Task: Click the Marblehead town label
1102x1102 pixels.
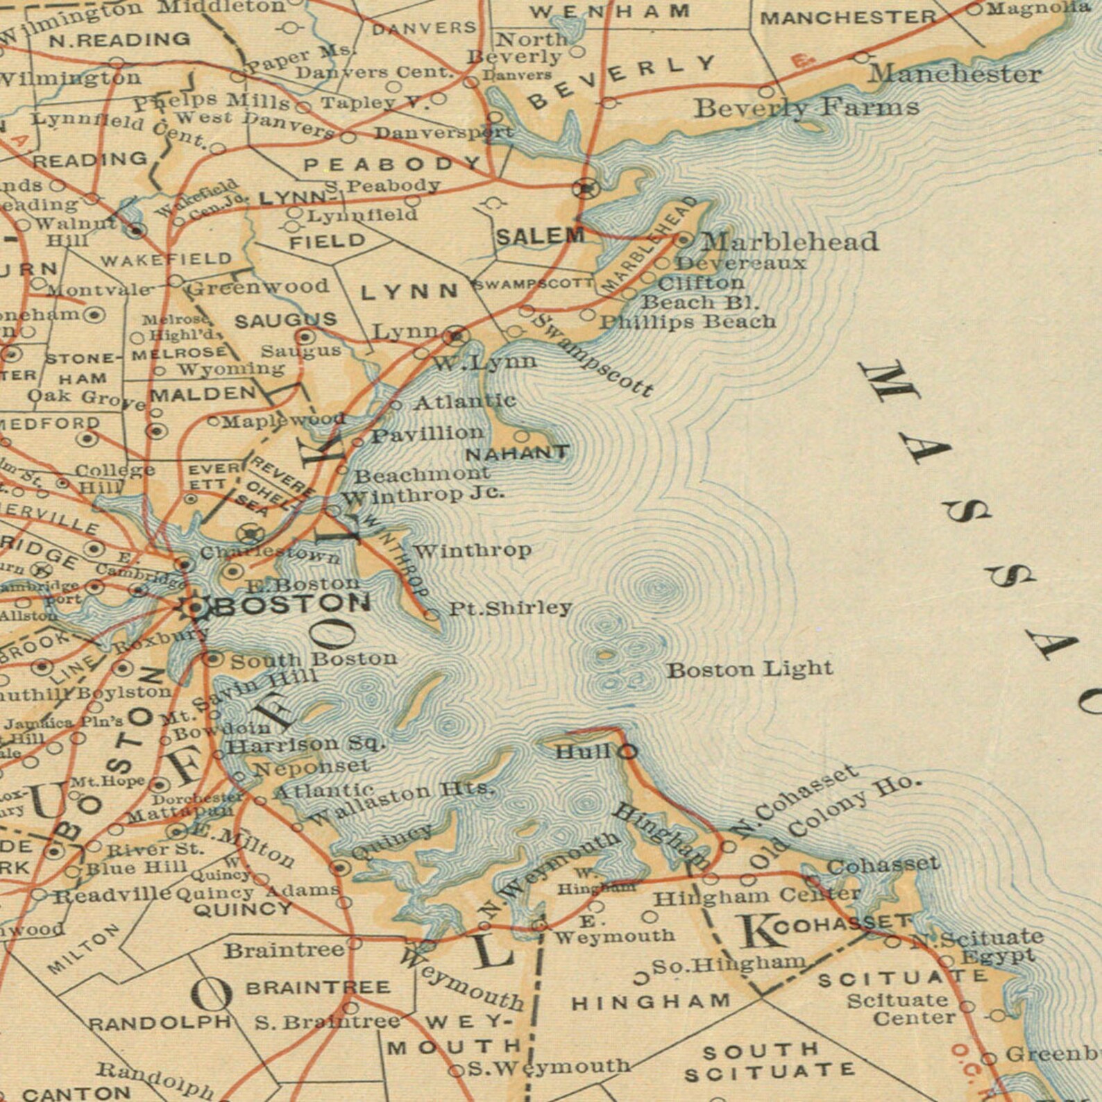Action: (790, 241)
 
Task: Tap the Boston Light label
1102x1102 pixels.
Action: (749, 670)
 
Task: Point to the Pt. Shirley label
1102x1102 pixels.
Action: (511, 609)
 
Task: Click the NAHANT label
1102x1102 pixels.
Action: (517, 454)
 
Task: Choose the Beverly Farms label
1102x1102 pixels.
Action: (806, 108)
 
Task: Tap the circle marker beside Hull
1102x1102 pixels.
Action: (627, 751)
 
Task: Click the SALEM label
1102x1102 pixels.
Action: (540, 236)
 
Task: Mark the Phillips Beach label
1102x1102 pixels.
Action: (687, 322)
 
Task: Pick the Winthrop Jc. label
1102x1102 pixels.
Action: (423, 496)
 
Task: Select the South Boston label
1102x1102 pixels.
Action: (314, 659)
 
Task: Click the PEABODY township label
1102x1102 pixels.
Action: (392, 165)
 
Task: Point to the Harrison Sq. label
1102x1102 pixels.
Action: (305, 745)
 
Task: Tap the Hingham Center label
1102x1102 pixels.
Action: (757, 897)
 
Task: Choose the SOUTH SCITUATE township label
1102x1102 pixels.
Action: (769, 1062)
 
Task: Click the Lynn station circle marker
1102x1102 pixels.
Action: (455, 336)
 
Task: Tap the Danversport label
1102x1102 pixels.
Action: (444, 133)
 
